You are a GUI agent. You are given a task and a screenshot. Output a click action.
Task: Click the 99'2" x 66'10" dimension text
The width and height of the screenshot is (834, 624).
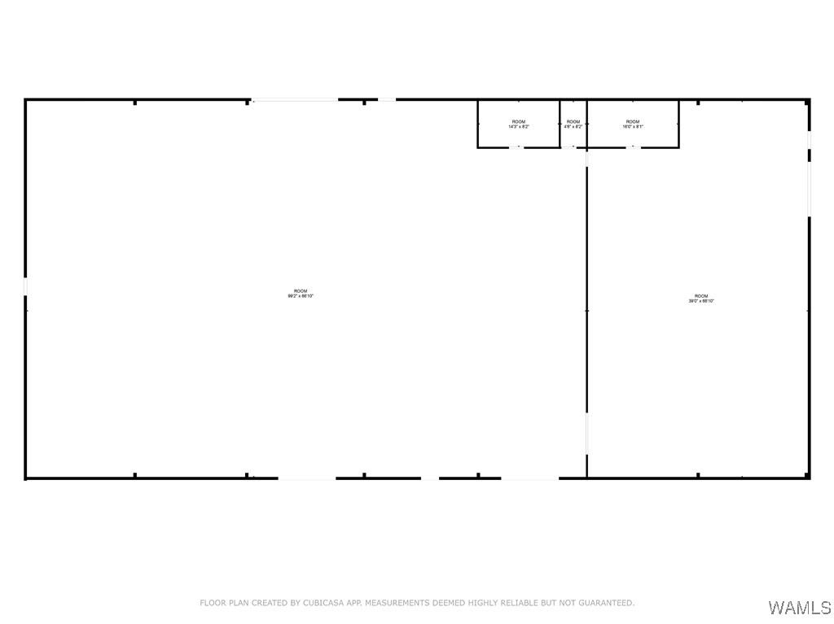[300, 296]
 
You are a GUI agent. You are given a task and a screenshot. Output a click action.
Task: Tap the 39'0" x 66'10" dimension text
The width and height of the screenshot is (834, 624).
[700, 301]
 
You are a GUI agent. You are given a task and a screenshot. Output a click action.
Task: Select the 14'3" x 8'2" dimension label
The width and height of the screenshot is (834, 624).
[519, 127]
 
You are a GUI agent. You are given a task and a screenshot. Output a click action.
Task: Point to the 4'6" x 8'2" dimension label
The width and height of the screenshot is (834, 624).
[573, 127]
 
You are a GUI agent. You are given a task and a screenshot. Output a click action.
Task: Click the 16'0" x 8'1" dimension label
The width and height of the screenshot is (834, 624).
[633, 127]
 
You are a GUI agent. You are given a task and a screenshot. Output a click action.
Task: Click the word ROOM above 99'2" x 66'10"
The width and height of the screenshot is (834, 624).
[301, 291]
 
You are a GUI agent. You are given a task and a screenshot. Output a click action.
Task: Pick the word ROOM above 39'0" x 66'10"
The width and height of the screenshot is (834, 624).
[701, 296]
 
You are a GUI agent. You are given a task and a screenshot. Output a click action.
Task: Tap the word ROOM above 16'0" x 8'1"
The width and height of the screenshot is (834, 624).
[633, 122]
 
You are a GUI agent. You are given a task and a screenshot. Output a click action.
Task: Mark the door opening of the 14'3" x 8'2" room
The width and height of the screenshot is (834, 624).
[516, 147]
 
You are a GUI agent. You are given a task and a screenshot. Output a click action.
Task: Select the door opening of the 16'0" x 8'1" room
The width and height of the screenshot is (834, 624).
[633, 147]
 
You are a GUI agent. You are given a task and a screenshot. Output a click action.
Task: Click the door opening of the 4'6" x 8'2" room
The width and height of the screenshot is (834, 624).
[573, 147]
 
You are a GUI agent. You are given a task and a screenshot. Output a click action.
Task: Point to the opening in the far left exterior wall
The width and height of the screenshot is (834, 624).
[25, 286]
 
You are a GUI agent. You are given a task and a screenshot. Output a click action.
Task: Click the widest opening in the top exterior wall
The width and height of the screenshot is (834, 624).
[295, 100]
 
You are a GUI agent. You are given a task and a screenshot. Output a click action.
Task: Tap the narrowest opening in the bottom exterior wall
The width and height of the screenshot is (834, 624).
[429, 478]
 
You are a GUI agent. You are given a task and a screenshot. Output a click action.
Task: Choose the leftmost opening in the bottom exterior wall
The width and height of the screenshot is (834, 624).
[306, 478]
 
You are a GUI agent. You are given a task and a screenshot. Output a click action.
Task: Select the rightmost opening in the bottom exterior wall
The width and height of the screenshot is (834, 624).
[529, 478]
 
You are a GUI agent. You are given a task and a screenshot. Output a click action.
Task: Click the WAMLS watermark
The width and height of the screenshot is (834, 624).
[799, 608]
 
